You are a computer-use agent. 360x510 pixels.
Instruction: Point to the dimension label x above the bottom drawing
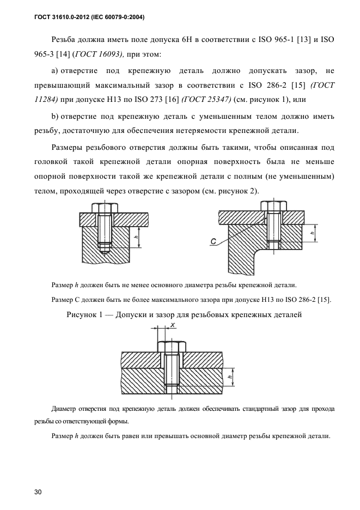(172, 325)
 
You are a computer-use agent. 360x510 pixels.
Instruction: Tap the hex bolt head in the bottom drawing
(172, 347)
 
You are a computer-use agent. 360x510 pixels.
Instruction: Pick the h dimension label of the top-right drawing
(313, 233)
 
